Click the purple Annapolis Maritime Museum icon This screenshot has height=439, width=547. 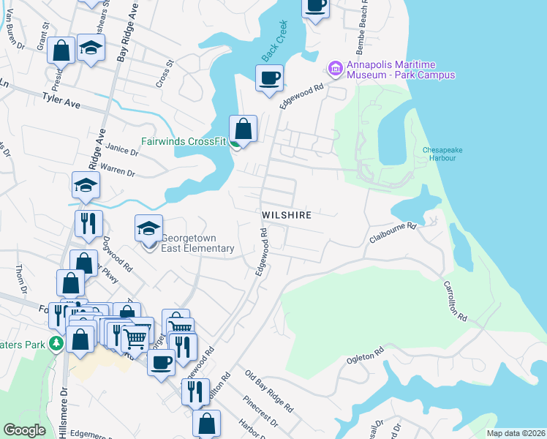(x=336, y=69)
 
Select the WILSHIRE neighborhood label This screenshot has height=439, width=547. (x=287, y=215)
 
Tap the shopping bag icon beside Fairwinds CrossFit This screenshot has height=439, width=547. (x=244, y=129)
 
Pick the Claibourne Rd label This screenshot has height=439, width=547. (x=393, y=232)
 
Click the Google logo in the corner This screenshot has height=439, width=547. (x=24, y=430)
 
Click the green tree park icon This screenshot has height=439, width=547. (x=56, y=343)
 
